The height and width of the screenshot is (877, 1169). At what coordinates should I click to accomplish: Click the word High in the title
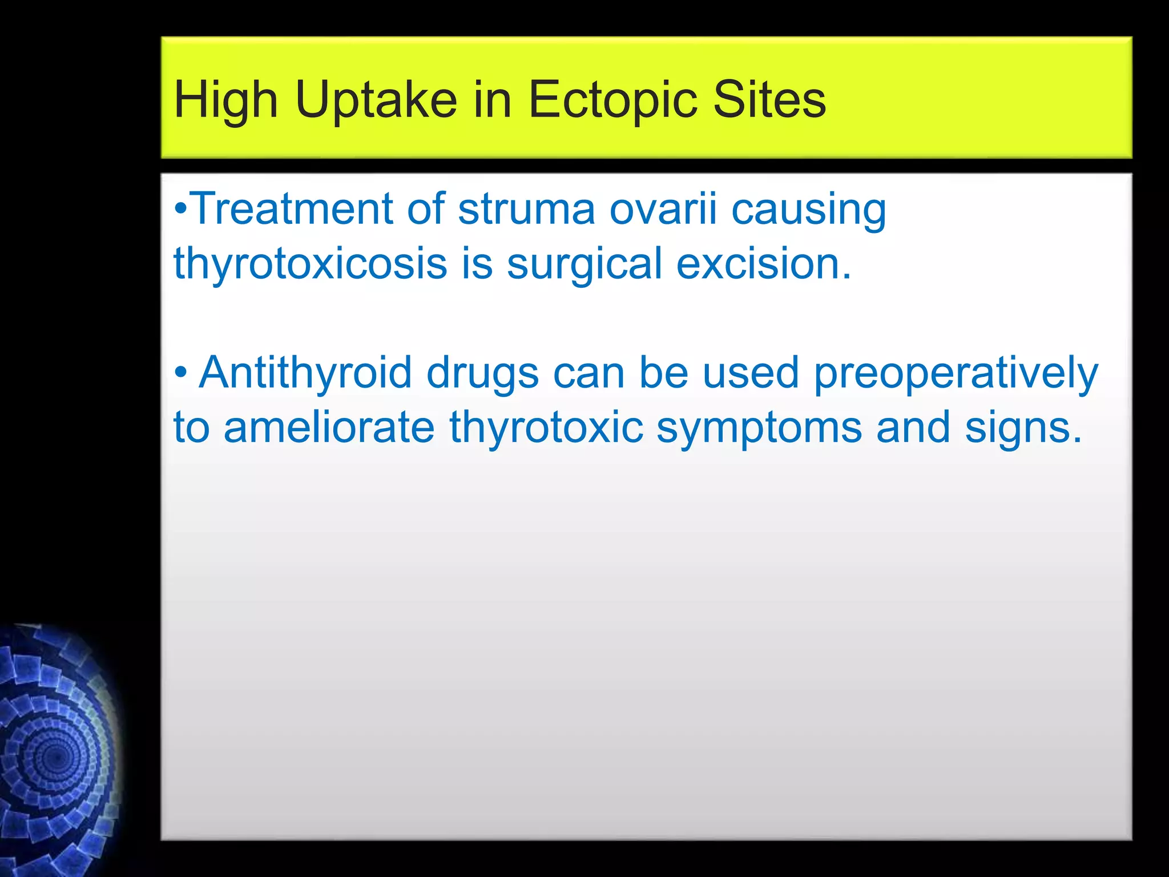[225, 100]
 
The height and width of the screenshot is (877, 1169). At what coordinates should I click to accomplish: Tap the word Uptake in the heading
[376, 100]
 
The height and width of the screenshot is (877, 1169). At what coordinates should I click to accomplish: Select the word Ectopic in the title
[613, 100]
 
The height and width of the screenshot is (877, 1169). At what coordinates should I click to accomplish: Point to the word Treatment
[291, 209]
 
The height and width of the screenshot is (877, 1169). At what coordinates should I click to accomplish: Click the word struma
[526, 209]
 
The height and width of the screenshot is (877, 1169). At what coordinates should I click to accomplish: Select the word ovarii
[663, 209]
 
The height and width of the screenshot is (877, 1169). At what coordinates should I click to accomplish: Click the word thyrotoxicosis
[310, 264]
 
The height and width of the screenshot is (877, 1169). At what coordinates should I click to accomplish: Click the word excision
[764, 264]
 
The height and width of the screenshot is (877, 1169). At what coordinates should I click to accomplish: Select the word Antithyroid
[305, 372]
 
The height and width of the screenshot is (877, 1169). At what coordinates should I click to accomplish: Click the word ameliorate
[329, 427]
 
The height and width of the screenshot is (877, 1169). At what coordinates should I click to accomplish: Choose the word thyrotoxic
[546, 427]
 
